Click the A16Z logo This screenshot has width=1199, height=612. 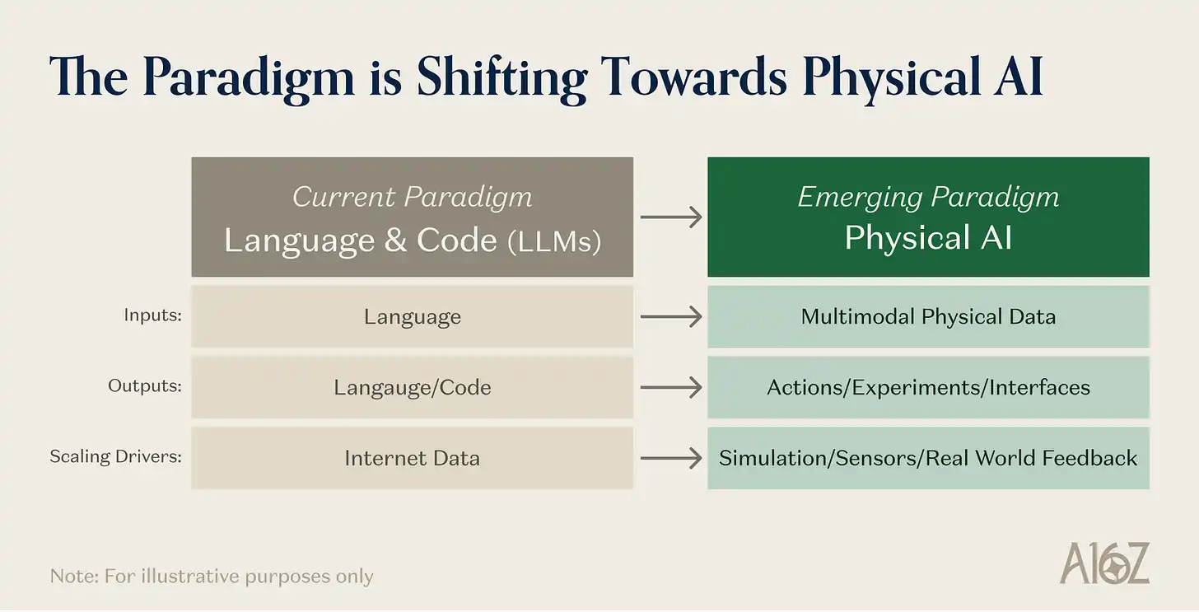(x=1104, y=563)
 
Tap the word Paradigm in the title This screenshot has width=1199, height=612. (x=249, y=78)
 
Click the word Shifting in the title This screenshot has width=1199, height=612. (x=502, y=78)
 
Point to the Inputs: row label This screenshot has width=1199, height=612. (x=152, y=315)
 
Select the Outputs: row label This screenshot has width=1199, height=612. (x=145, y=385)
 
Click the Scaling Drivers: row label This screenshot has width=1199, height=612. (x=115, y=456)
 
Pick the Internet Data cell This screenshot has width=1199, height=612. (x=412, y=458)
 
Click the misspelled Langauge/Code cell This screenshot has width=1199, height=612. (x=412, y=387)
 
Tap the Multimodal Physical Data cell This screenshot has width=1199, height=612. (x=928, y=316)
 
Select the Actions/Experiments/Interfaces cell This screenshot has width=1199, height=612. (x=928, y=387)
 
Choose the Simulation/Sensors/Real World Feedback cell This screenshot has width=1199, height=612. (x=928, y=458)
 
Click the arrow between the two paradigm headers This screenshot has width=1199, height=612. (x=670, y=217)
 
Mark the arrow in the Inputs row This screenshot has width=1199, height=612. (x=670, y=316)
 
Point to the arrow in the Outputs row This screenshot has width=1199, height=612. (x=670, y=387)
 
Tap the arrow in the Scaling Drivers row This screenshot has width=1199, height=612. (x=670, y=458)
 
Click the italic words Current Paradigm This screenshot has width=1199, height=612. (x=412, y=197)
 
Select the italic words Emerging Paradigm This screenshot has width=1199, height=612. (x=928, y=197)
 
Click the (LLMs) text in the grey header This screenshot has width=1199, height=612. (x=554, y=241)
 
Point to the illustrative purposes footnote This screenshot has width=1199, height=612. (x=212, y=576)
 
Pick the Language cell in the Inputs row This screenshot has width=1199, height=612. (x=412, y=316)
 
